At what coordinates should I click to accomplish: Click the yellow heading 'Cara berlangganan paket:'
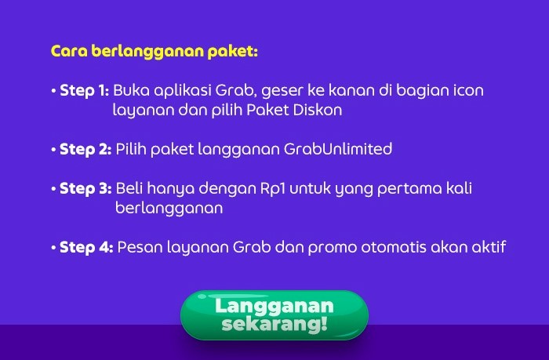[x=155, y=51]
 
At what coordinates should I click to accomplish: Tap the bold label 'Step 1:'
[x=85, y=90]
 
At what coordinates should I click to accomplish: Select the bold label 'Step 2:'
[x=85, y=150]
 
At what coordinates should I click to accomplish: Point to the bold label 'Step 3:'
[x=85, y=189]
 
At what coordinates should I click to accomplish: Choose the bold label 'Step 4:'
[x=86, y=247]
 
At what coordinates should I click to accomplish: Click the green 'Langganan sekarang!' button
[x=274, y=315]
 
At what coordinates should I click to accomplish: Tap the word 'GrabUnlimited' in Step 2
[x=338, y=149]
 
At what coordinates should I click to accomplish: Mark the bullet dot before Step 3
[x=53, y=189]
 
